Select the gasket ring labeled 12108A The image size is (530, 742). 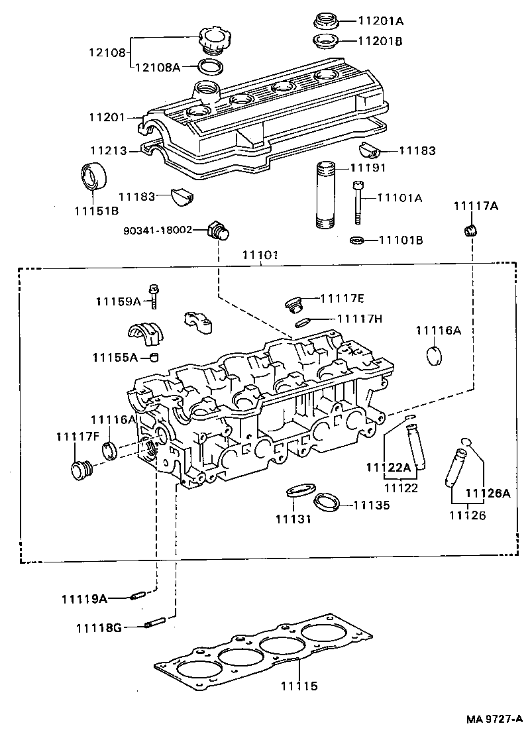(211, 66)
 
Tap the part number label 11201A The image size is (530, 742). (380, 21)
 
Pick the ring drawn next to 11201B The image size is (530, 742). (326, 42)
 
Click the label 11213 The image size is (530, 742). (108, 151)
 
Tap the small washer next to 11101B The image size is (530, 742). (356, 239)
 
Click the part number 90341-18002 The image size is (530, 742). (158, 230)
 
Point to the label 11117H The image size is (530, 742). (360, 319)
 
